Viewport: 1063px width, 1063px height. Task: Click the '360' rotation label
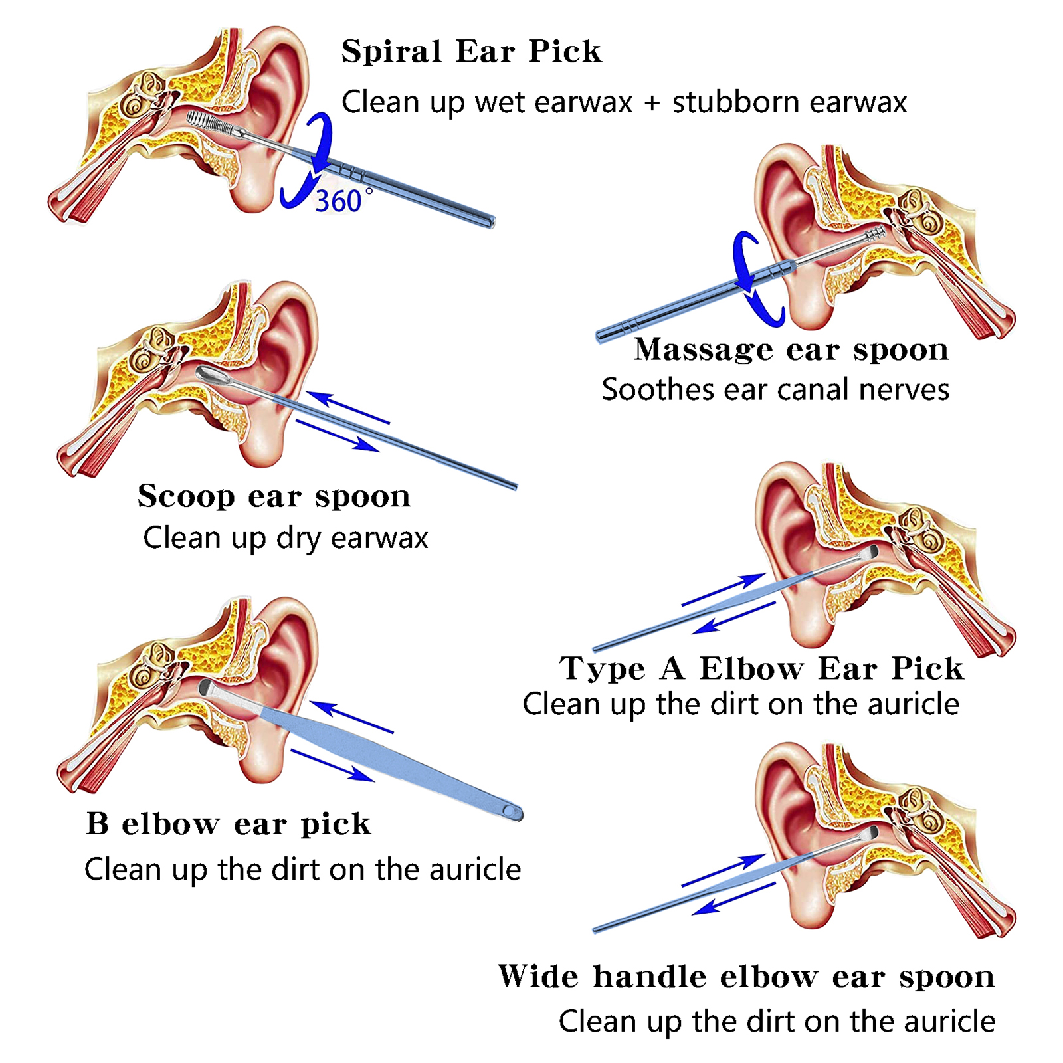338,201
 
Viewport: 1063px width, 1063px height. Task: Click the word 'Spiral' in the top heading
391,52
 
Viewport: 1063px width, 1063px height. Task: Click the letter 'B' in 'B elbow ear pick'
97,824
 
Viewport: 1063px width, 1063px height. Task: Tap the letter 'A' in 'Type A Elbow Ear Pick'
672,668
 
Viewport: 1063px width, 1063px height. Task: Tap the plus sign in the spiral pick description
652,103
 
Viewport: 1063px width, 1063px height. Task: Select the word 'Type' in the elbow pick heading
602,669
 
